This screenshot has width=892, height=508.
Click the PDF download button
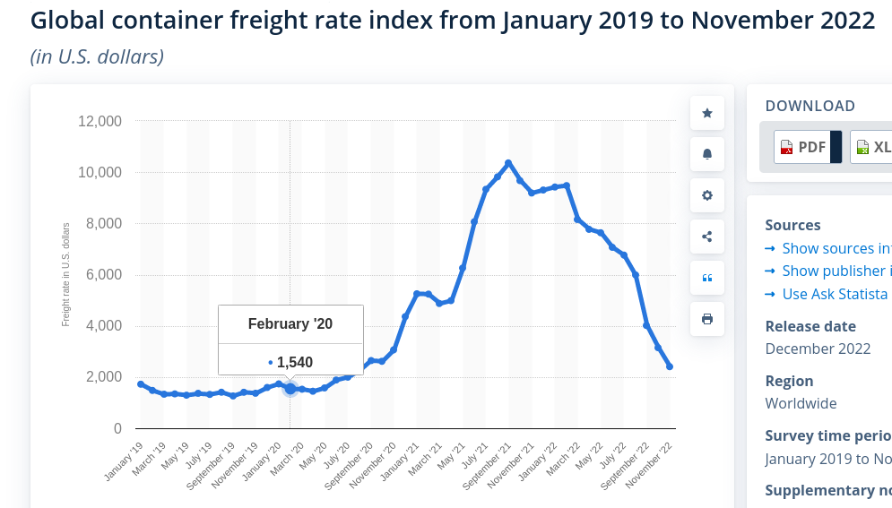(803, 147)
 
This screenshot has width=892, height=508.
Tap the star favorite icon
(707, 113)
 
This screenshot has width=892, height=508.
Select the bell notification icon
(707, 154)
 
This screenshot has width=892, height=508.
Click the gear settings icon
(707, 195)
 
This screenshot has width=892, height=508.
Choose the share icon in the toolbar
(707, 237)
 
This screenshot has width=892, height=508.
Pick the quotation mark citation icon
(707, 278)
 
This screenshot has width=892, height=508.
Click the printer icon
(707, 319)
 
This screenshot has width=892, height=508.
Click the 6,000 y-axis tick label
(102, 275)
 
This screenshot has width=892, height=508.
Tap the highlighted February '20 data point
(290, 389)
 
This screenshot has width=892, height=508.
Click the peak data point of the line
(508, 163)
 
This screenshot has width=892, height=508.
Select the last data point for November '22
(670, 366)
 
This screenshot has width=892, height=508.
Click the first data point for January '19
(141, 384)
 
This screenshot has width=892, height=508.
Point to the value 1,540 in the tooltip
(294, 363)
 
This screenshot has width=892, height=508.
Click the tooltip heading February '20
(290, 324)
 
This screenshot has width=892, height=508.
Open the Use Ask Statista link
(835, 294)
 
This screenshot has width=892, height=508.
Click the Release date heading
(810, 326)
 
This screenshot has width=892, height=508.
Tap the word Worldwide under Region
(801, 403)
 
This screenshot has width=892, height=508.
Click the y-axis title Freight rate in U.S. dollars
(66, 275)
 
